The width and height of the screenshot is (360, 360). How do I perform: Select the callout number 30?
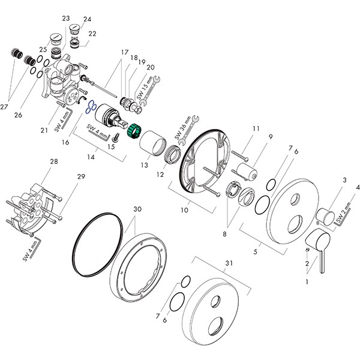click(x=137, y=209)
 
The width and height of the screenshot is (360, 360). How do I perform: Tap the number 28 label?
click(x=53, y=162)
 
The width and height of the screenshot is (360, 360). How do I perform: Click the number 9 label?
click(x=271, y=137)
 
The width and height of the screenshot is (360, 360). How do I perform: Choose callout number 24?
click(x=88, y=19)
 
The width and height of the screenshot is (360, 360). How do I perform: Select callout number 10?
click(x=184, y=210)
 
